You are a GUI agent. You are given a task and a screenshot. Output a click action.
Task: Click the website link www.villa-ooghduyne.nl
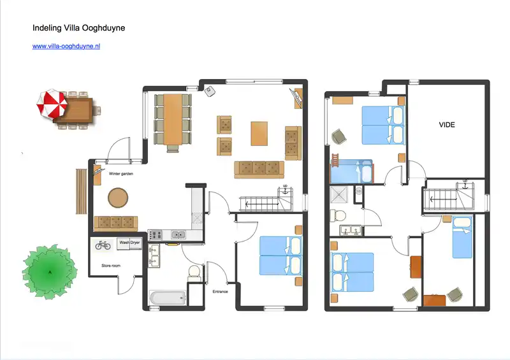tap(66, 46)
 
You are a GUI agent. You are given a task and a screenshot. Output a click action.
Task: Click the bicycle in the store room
tap(103, 244)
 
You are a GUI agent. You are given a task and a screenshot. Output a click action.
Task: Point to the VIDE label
tap(447, 125)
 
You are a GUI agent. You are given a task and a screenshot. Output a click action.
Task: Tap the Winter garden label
tap(120, 173)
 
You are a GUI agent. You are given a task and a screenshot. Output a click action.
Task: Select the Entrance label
tap(221, 291)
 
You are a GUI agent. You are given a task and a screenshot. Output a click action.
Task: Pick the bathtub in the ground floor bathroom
tap(167, 297)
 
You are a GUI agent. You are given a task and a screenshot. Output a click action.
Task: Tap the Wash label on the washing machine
tap(124, 243)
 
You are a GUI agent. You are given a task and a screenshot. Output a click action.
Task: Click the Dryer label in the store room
tap(135, 243)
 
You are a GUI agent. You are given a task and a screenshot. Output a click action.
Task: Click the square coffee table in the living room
tap(260, 133)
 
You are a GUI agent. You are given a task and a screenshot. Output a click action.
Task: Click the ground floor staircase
tap(265, 203)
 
